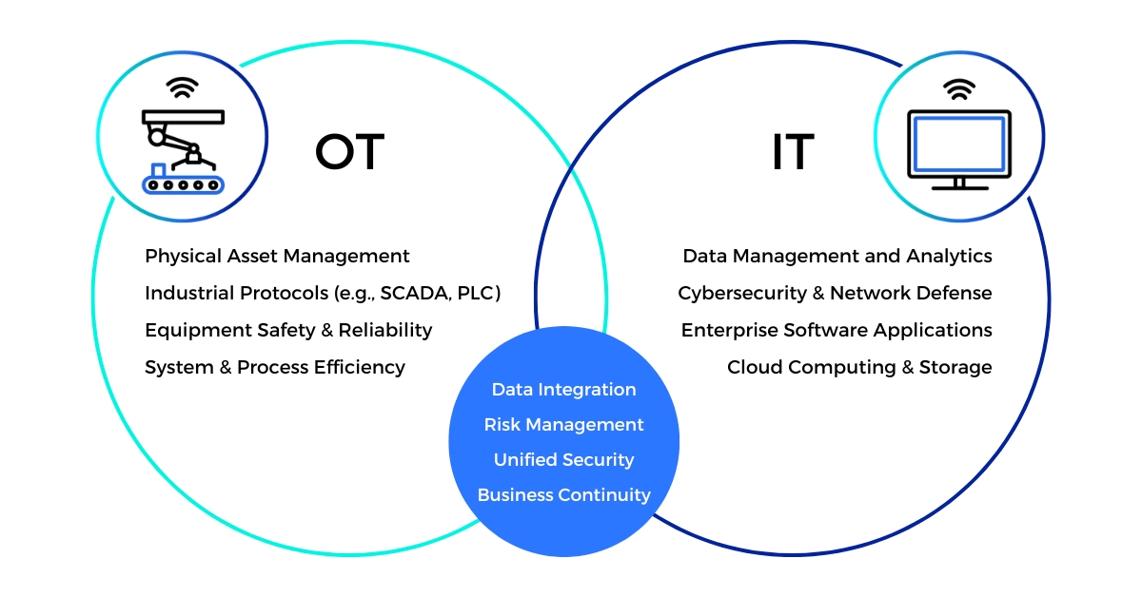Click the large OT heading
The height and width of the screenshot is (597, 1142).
(350, 151)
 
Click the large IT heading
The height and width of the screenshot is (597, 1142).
(793, 151)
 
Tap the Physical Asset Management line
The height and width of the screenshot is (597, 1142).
(277, 256)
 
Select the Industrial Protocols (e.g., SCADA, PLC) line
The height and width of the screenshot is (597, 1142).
(323, 293)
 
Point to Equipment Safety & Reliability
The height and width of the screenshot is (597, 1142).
(288, 330)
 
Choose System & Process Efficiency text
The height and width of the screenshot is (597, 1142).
(275, 367)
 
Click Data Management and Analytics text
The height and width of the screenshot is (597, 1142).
(837, 256)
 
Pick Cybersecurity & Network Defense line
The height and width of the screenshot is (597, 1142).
(835, 293)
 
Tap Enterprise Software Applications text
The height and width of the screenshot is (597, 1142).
(837, 330)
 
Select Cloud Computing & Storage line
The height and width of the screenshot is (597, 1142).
(859, 367)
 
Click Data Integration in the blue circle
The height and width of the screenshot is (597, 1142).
(563, 390)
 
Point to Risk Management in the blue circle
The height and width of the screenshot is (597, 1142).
(563, 425)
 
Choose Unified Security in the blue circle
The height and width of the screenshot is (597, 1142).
(563, 460)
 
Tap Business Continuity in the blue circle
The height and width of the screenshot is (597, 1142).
(563, 495)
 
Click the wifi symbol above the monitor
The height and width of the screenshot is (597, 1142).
(959, 89)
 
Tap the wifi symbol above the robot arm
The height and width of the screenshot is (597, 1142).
(182, 87)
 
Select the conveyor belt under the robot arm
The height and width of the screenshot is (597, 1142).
(183, 184)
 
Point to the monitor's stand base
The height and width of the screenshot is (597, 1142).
(960, 188)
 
